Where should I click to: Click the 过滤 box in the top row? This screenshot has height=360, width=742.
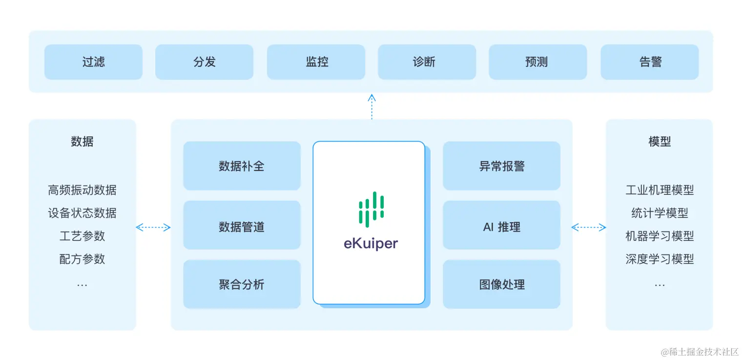pyautogui.click(x=93, y=62)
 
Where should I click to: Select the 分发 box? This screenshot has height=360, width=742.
pyautogui.click(x=204, y=62)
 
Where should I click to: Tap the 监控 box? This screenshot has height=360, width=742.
pyautogui.click(x=316, y=62)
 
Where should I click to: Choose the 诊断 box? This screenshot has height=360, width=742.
pyautogui.click(x=427, y=62)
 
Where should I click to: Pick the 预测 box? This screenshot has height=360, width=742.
pyautogui.click(x=537, y=62)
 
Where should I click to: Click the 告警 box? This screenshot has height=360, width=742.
pyautogui.click(x=649, y=62)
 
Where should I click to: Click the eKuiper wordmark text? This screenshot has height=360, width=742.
pyautogui.click(x=371, y=243)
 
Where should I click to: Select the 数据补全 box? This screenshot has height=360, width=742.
pyautogui.click(x=242, y=166)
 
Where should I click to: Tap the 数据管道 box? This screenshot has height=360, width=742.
pyautogui.click(x=242, y=227)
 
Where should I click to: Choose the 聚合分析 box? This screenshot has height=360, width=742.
pyautogui.click(x=242, y=284)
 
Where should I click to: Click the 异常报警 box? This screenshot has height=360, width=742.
pyautogui.click(x=501, y=166)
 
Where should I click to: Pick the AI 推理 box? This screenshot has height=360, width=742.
pyautogui.click(x=501, y=227)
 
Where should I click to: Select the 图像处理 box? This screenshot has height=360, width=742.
pyautogui.click(x=501, y=284)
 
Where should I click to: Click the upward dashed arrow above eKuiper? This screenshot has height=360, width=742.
pyautogui.click(x=371, y=106)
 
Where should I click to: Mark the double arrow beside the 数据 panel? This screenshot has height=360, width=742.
pyautogui.click(x=153, y=227)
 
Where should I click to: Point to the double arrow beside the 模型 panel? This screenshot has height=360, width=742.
pyautogui.click(x=588, y=227)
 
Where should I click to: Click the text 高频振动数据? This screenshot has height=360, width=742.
pyautogui.click(x=82, y=190)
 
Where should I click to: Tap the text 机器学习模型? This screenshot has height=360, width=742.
pyautogui.click(x=659, y=236)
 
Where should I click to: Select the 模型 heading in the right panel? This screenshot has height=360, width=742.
pyautogui.click(x=659, y=142)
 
